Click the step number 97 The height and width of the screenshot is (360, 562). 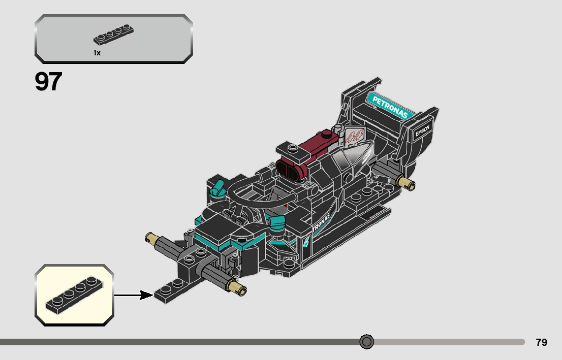tap(48, 82)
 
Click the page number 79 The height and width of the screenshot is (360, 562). tap(541, 342)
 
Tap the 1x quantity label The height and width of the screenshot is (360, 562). tap(97, 53)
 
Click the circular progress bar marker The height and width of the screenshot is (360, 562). tap(366, 342)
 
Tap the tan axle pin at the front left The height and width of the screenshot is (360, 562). tap(151, 236)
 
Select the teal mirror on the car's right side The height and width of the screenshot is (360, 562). tap(277, 222)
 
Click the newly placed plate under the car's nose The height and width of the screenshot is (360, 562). tap(173, 291)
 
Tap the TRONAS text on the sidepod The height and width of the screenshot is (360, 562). tap(322, 222)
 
